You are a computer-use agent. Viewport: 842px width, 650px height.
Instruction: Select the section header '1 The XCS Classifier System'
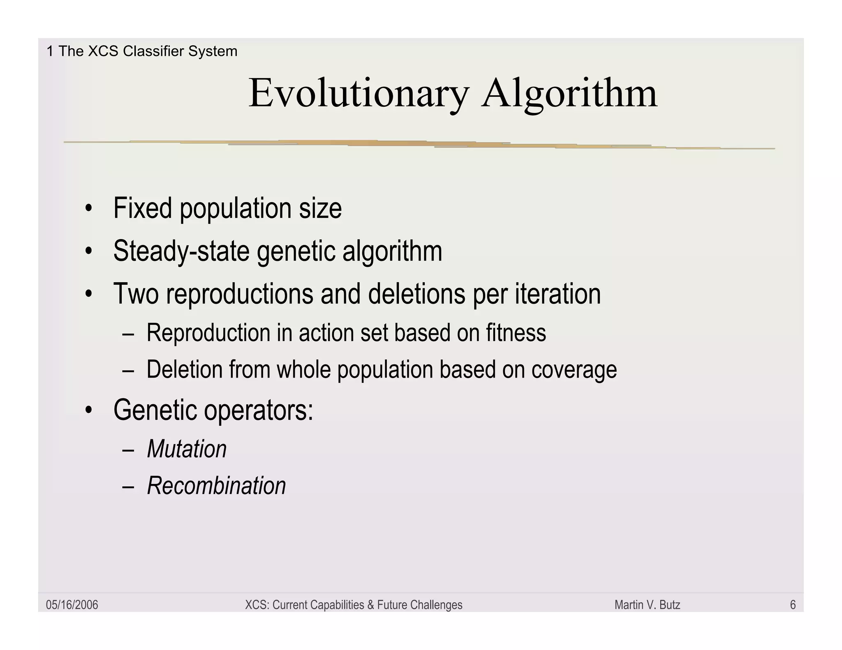[x=142, y=51]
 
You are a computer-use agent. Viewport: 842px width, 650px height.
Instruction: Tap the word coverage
[x=574, y=369]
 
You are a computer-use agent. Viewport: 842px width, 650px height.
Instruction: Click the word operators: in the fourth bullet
[x=259, y=410]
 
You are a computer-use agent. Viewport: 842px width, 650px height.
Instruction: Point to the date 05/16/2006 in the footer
[x=72, y=605]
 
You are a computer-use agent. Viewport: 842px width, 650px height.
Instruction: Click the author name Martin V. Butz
[x=647, y=605]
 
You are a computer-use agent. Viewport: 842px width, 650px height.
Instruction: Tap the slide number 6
[x=793, y=605]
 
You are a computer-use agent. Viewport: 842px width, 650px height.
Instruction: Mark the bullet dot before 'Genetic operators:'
[x=88, y=410]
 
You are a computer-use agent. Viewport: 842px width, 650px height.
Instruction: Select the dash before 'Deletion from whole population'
[x=128, y=370]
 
